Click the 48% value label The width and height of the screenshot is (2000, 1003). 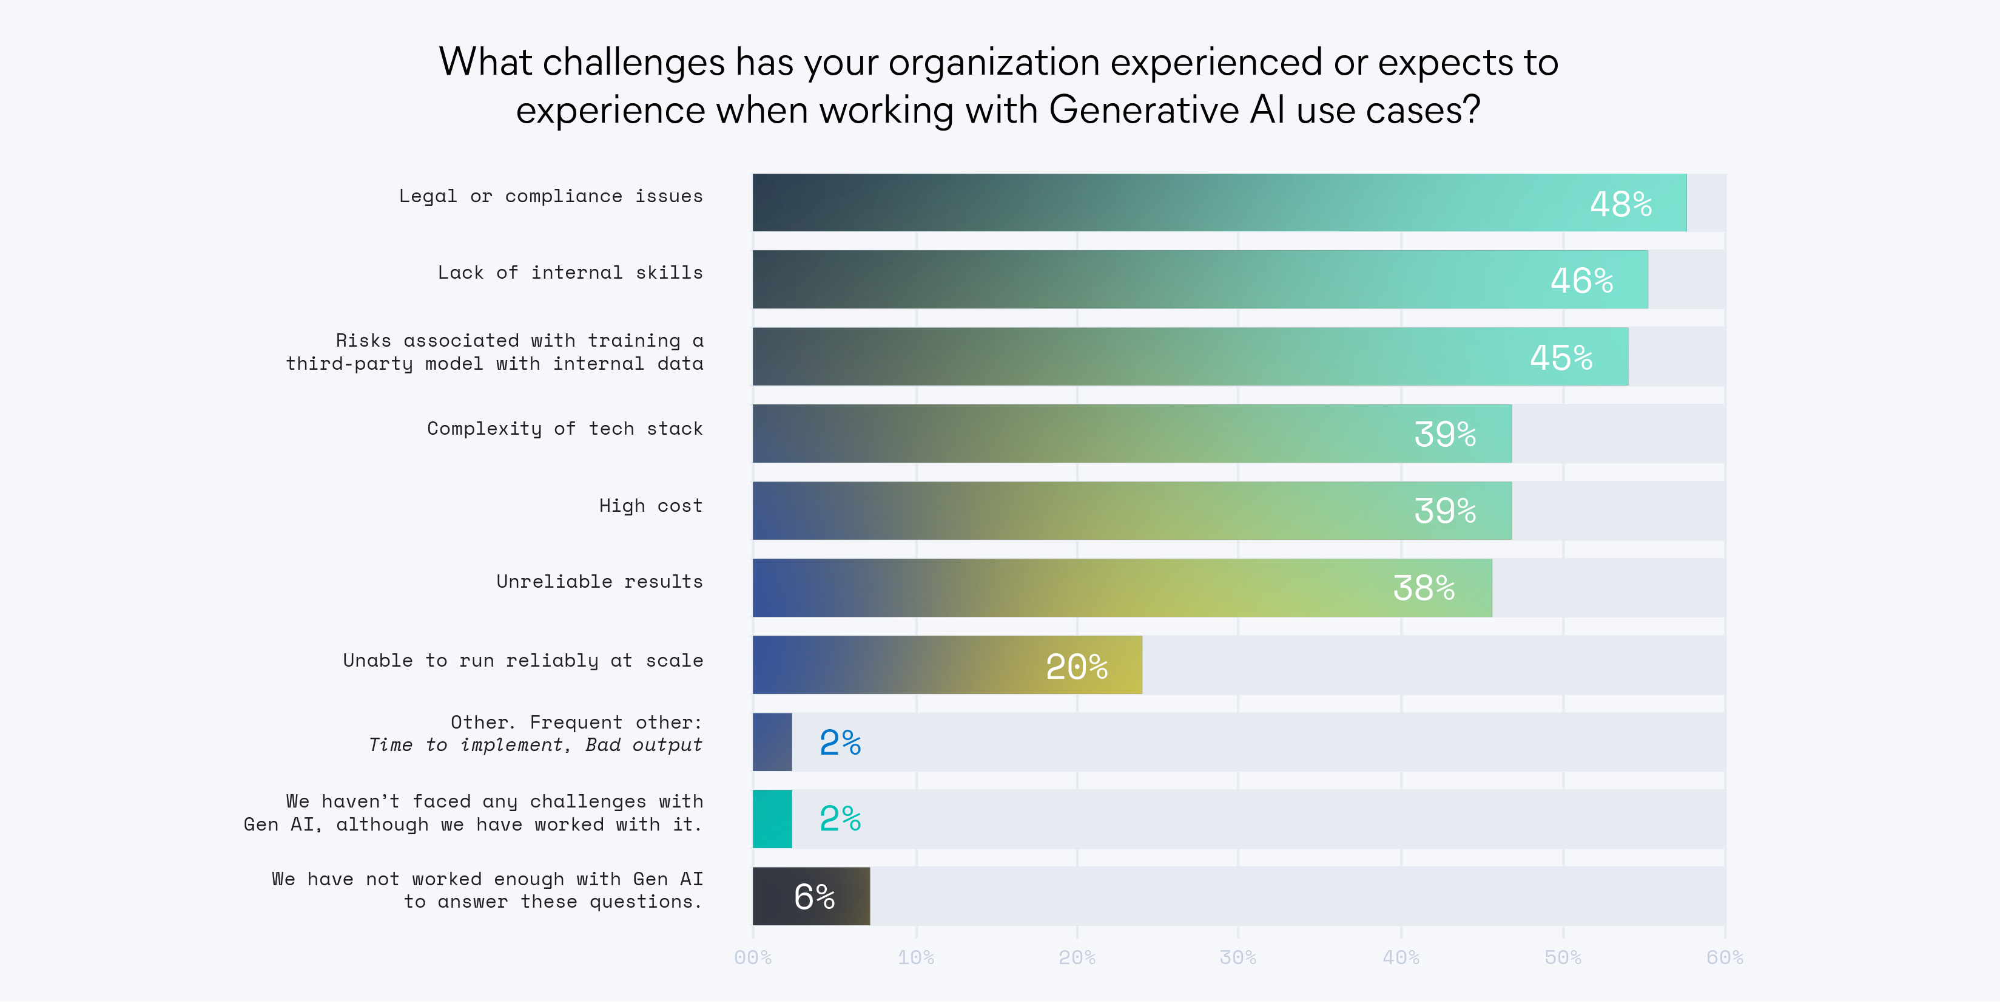(1620, 205)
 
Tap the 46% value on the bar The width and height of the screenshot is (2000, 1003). (1581, 280)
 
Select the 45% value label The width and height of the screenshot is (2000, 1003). (1561, 358)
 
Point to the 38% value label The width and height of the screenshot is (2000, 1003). (1423, 588)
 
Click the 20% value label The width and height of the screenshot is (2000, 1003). (1076, 667)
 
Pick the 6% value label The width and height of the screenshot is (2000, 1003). (813, 897)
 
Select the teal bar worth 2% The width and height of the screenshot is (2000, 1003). (772, 819)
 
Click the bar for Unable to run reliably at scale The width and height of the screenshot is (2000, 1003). (946, 665)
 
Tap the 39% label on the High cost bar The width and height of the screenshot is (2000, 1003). (1444, 511)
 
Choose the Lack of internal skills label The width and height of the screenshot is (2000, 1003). (570, 273)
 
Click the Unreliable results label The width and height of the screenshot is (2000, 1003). (599, 582)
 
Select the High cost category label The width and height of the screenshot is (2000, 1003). (651, 506)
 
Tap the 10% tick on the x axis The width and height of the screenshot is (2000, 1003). (915, 957)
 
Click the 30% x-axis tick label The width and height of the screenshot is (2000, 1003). (1237, 957)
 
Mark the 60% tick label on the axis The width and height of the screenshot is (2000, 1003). (1725, 957)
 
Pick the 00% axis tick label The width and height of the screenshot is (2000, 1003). (752, 957)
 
